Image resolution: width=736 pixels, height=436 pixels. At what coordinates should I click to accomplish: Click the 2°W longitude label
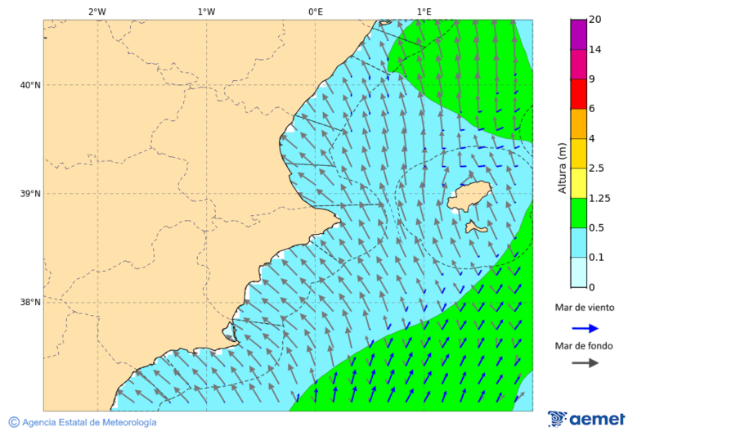(x=96, y=11)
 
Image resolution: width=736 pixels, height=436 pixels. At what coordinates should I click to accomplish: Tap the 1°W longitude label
(x=206, y=11)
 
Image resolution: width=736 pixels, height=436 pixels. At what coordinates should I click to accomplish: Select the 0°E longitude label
(x=315, y=11)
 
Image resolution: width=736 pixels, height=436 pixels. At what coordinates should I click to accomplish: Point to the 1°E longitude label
(x=424, y=11)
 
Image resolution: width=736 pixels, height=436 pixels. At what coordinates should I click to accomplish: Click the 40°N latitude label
(x=29, y=85)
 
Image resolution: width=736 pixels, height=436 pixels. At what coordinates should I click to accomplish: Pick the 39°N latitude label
(x=29, y=194)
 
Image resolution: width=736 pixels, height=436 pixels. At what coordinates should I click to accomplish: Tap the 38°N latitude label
(x=29, y=303)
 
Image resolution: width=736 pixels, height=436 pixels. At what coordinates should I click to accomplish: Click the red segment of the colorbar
(x=578, y=94)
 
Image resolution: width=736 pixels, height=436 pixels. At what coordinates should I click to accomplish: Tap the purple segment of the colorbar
(x=578, y=34)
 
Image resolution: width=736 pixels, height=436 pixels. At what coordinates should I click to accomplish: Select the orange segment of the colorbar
(x=578, y=124)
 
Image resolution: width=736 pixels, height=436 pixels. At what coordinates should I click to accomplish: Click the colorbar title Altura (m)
(x=562, y=168)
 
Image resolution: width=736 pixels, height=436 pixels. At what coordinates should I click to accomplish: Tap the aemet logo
(x=586, y=419)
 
